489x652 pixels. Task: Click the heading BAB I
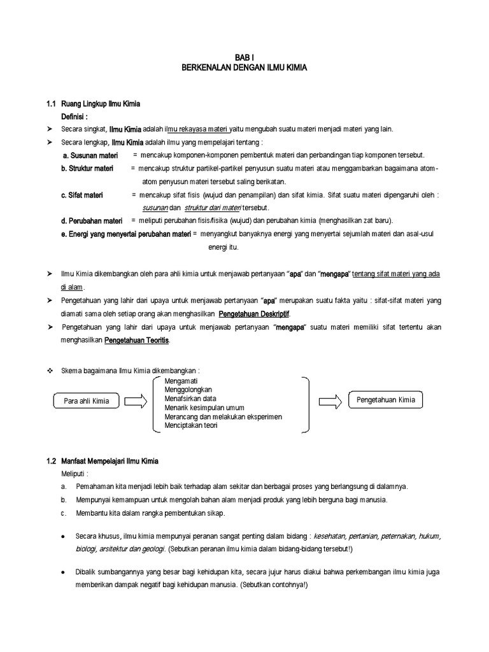[244, 57]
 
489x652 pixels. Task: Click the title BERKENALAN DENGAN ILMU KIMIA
[244, 67]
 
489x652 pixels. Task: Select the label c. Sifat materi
[82, 195]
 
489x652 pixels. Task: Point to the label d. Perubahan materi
[91, 220]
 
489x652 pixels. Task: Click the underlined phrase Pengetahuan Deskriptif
[258, 314]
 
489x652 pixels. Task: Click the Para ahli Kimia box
[87, 401]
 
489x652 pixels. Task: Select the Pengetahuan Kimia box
[386, 400]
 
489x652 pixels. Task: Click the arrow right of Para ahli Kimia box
[135, 401]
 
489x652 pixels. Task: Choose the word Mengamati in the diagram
[182, 381]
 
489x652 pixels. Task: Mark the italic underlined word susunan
[154, 208]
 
